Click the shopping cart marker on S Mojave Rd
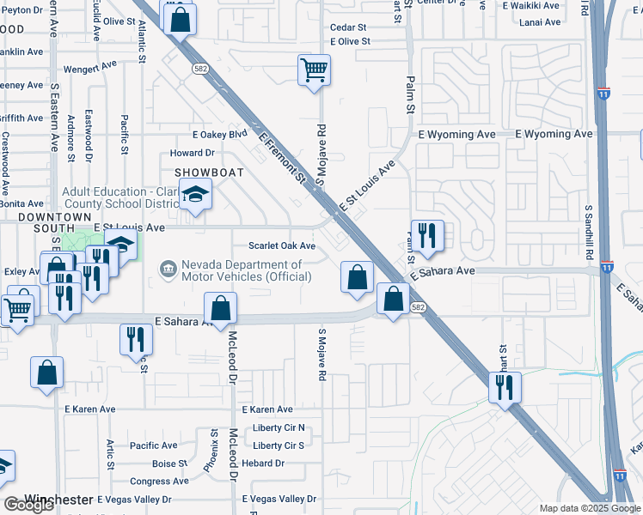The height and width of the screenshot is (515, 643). point(314,70)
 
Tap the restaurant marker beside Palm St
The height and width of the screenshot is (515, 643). point(426,234)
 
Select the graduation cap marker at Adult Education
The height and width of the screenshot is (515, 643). point(195,197)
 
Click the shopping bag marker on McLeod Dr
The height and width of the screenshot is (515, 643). point(221,309)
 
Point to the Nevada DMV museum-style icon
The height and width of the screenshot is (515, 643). point(166,271)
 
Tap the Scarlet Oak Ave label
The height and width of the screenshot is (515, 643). point(282,245)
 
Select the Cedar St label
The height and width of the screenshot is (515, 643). point(347,27)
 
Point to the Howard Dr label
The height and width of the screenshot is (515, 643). point(191,153)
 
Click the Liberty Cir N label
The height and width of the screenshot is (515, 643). point(279,427)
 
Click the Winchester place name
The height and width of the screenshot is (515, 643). point(58,499)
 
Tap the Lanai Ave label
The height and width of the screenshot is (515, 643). point(541,22)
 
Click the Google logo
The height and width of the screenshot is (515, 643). point(29,505)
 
